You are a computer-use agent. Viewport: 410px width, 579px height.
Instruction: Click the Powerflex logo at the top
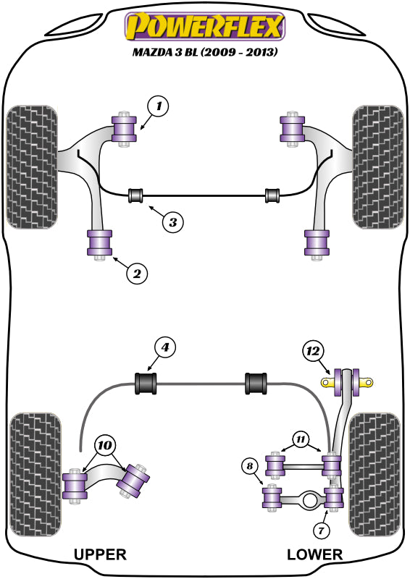pos(205,26)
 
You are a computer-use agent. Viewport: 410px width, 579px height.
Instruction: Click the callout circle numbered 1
pos(158,106)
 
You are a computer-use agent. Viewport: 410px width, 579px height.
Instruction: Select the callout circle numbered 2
pos(137,274)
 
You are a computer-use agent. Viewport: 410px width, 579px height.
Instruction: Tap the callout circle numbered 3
pos(172,222)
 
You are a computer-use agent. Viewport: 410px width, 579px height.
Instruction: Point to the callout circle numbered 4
pos(164,347)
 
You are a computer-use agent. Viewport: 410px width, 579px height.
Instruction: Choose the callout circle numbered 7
pos(320,531)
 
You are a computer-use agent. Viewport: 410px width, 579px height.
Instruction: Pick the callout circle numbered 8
pos(250,466)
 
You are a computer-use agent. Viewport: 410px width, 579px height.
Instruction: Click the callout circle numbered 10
pos(105,445)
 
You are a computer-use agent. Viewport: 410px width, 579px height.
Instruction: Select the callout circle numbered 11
pos(301,439)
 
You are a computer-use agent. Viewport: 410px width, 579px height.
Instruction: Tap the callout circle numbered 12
pos(313,351)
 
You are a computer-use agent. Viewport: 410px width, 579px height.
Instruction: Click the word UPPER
pos(100,554)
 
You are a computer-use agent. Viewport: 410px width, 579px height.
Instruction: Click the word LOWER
pos(314,554)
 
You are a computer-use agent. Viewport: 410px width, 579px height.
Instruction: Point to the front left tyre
pos(32,167)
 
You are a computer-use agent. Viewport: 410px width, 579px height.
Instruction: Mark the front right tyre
pos(378,167)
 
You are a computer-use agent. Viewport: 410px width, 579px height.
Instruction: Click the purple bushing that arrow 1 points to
pos(124,128)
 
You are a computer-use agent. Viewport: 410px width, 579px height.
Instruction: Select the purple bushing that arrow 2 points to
pos(99,242)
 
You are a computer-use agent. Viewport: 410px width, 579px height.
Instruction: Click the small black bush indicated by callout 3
pos(135,195)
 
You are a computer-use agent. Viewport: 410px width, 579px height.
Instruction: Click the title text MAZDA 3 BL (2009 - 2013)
pos(205,51)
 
